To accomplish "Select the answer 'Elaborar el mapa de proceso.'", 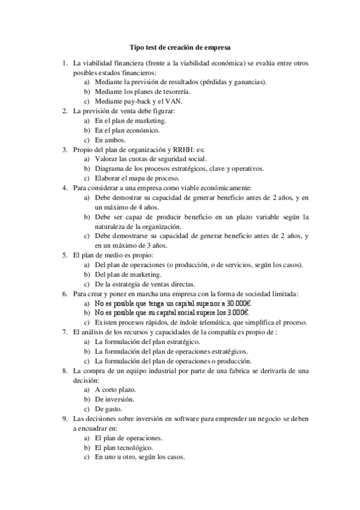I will (137, 178).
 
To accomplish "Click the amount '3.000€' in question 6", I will (238, 313).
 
